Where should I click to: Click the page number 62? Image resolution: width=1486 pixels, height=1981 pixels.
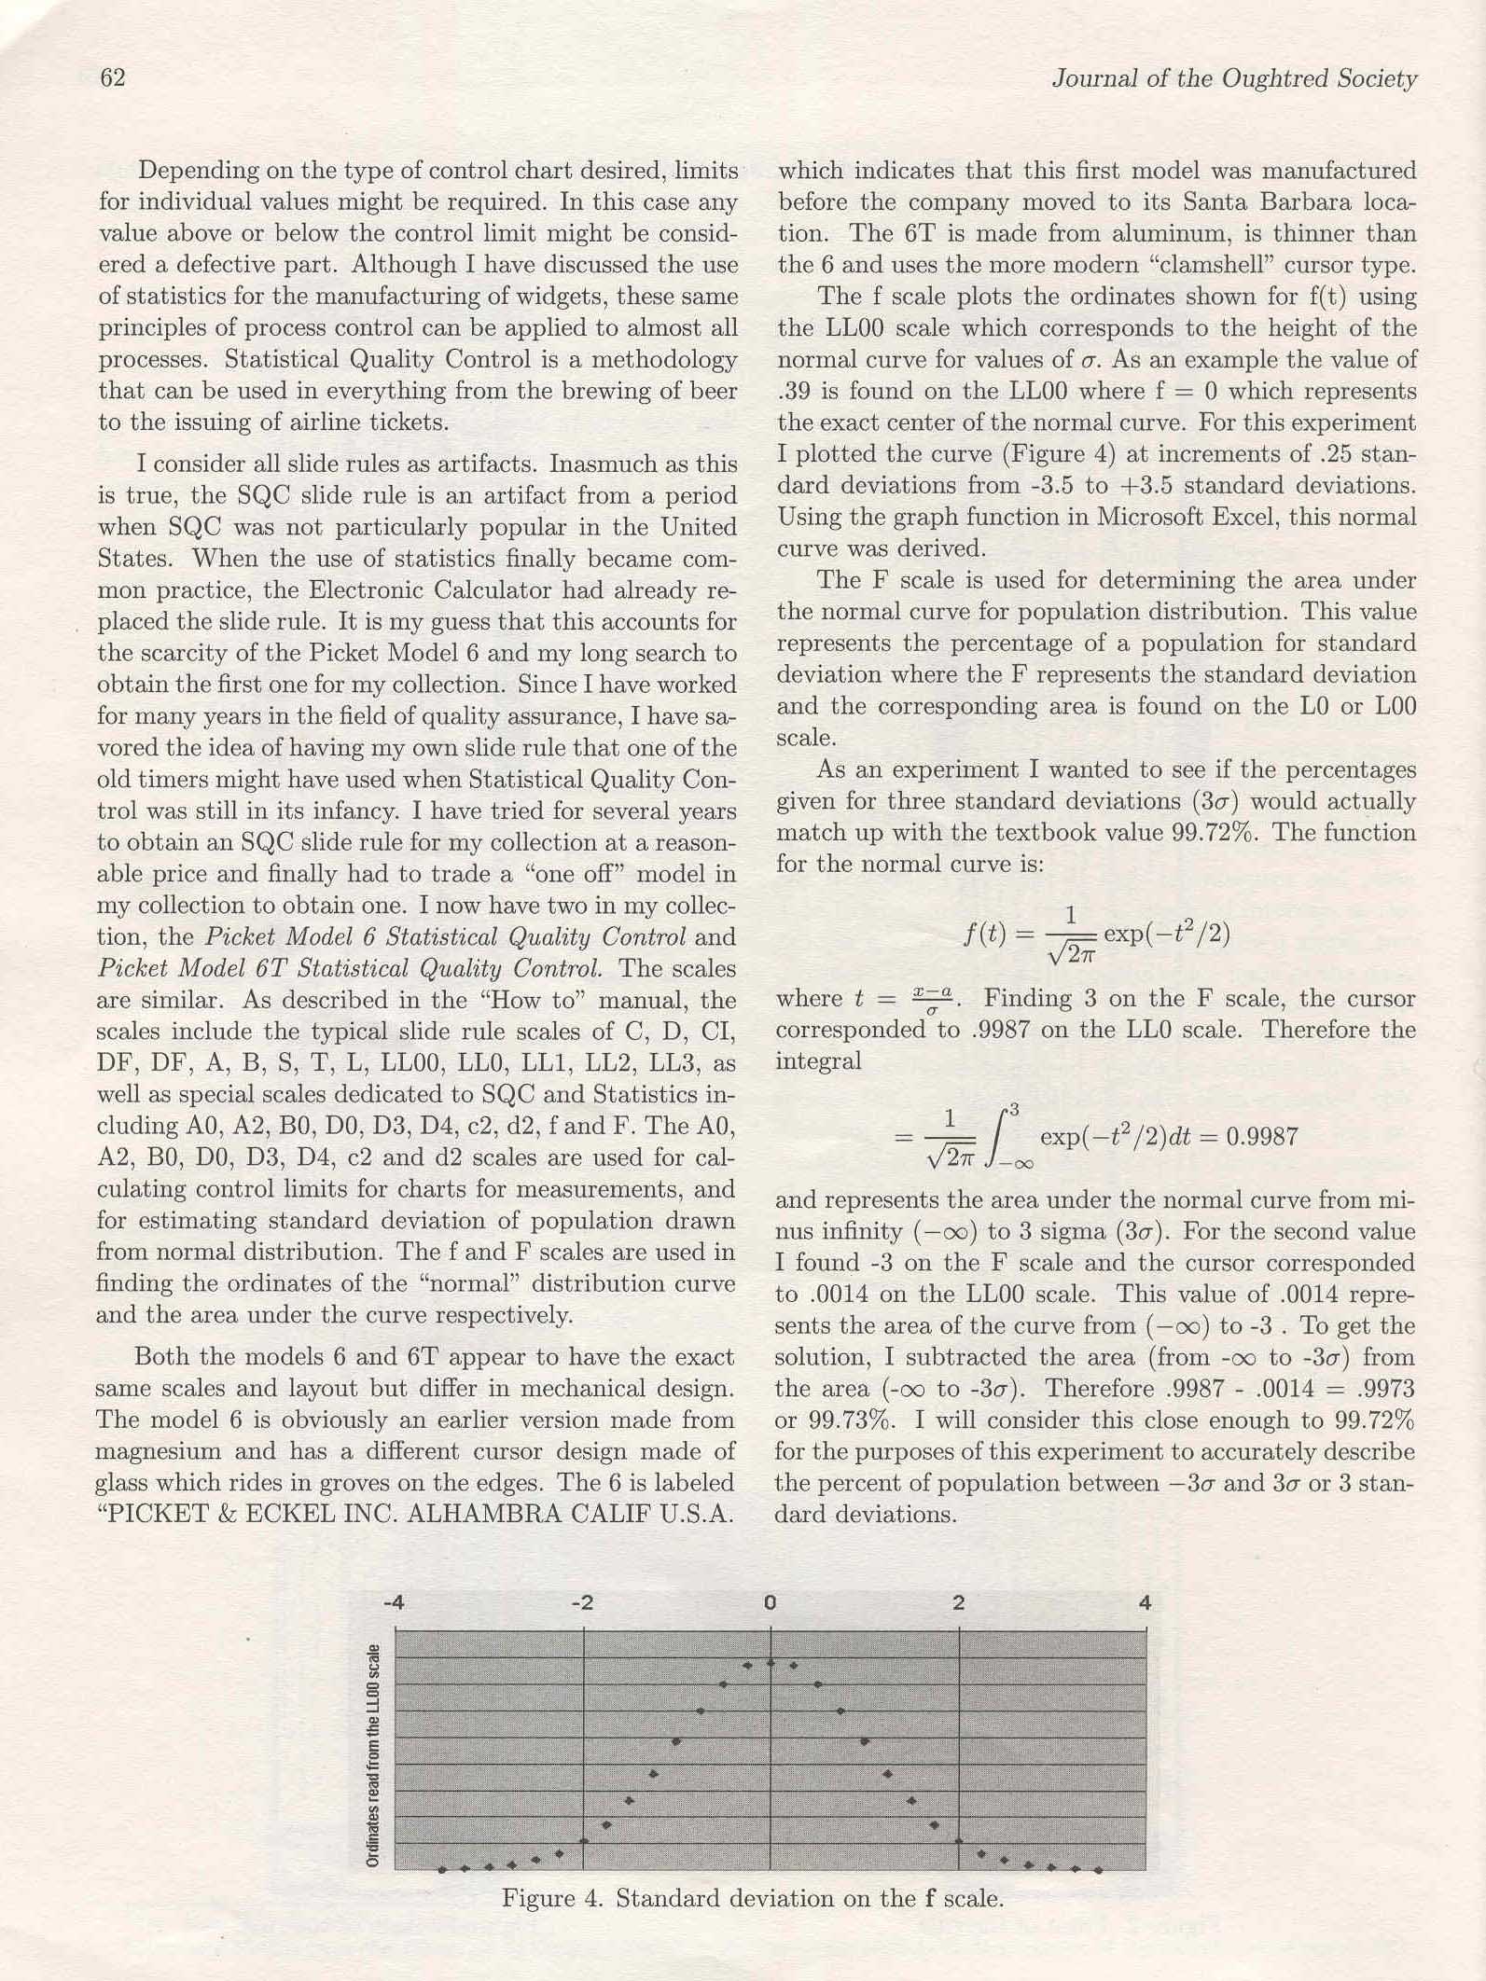pyautogui.click(x=112, y=78)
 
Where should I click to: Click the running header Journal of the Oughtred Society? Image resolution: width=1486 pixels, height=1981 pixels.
pyautogui.click(x=1234, y=79)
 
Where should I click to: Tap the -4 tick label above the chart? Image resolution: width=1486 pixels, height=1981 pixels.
pyautogui.click(x=394, y=1603)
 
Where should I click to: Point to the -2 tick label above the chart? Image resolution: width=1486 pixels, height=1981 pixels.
pyautogui.click(x=582, y=1603)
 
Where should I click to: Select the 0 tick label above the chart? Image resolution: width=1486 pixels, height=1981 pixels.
pyautogui.click(x=770, y=1603)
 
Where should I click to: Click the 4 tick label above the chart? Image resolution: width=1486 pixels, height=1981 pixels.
pyautogui.click(x=1146, y=1603)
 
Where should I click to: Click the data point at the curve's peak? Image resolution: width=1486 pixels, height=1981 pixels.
pyautogui.click(x=771, y=1662)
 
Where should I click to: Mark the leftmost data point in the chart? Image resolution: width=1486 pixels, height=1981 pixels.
pyautogui.click(x=442, y=1869)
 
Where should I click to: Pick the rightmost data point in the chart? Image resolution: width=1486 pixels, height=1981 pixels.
pyautogui.click(x=1099, y=1869)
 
